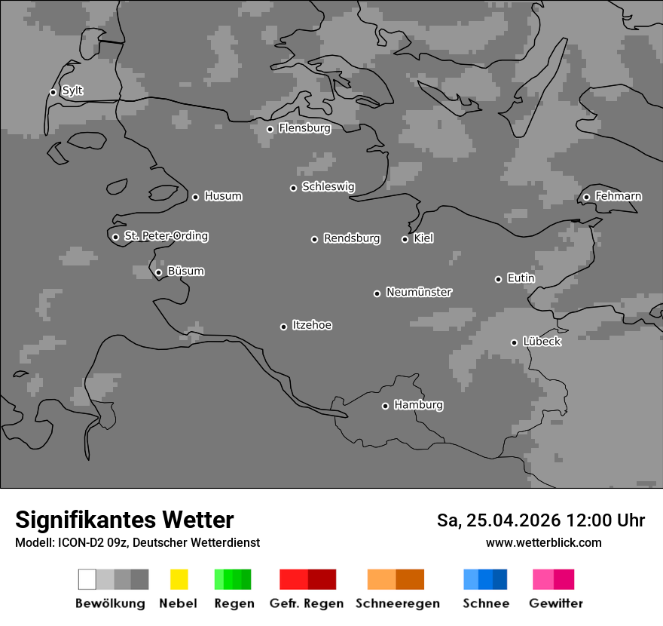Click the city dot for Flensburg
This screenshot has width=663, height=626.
click(270, 129)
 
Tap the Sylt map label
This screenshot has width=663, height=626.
click(72, 91)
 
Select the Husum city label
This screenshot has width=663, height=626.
click(223, 196)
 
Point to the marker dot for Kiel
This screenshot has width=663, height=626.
click(405, 239)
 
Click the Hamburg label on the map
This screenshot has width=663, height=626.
click(418, 405)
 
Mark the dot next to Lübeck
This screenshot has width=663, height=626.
click(514, 342)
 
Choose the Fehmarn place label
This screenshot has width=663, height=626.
click(618, 196)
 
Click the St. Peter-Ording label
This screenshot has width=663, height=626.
click(166, 236)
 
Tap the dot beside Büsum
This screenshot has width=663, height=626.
click(158, 272)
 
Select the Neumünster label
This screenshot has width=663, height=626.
click(419, 292)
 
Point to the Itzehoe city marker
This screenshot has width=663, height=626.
click(283, 327)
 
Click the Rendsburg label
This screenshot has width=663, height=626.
click(352, 238)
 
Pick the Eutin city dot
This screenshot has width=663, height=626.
click(498, 279)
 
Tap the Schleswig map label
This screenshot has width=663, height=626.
click(328, 187)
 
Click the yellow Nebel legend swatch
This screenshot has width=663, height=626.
click(179, 579)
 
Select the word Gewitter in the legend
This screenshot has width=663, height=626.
click(556, 603)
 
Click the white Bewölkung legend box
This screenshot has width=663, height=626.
click(87, 579)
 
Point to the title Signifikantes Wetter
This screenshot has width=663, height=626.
click(124, 520)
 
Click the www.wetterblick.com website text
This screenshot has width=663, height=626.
click(543, 542)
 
